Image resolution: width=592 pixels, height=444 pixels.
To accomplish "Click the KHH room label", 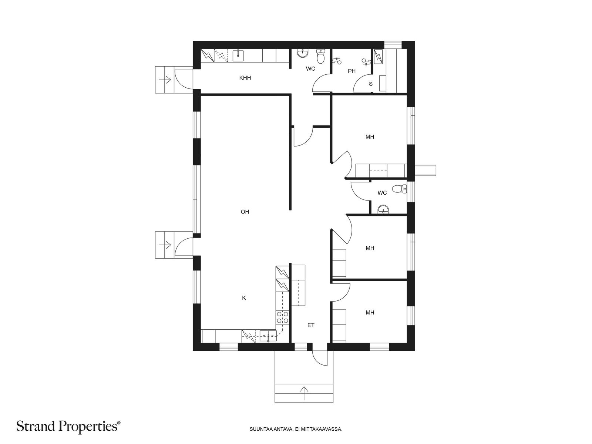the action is tap(245, 78).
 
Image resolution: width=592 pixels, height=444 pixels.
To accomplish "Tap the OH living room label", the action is tap(245, 212).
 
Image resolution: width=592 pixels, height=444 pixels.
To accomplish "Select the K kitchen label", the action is tap(244, 298).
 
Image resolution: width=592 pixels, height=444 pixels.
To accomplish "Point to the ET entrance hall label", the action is tap(311, 325).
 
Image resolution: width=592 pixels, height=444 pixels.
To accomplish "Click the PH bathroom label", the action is tap(352, 71).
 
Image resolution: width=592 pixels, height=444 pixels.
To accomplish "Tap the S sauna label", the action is tap(371, 84).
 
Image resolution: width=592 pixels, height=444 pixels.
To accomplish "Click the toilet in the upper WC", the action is tap(320, 56).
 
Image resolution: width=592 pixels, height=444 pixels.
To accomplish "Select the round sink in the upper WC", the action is tap(303, 53).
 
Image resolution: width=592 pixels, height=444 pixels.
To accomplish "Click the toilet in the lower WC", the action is tap(400, 189).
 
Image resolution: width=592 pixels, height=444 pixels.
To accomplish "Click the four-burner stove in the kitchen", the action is tap(282, 317).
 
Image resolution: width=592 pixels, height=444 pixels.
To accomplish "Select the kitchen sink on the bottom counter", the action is tap(268, 337).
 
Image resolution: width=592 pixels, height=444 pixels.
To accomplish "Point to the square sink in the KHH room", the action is tap(238, 56).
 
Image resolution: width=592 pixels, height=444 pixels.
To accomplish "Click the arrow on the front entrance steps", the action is tap(304, 393).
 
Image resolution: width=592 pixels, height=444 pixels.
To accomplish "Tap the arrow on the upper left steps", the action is tap(165, 80).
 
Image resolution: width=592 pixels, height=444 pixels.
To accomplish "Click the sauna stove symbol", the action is tap(379, 57).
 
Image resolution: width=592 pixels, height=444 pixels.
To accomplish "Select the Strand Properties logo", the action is tap(68, 427).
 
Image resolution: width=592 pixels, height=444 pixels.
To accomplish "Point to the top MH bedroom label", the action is tap(370, 137).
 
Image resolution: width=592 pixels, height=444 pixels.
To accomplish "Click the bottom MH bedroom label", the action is tap(370, 313).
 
